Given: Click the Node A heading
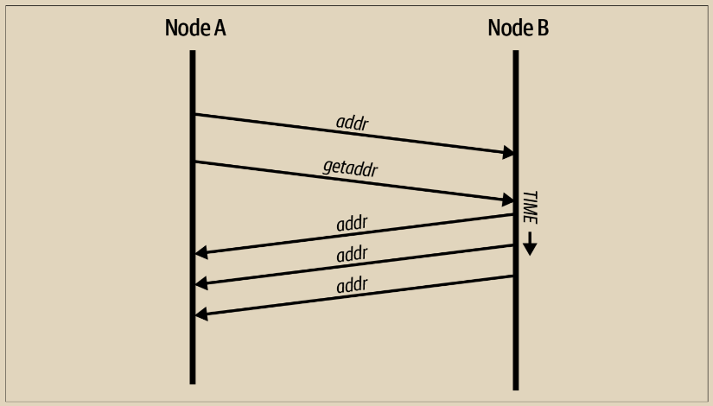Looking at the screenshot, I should pyautogui.click(x=195, y=28).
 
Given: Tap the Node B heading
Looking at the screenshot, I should pyautogui.click(x=518, y=28).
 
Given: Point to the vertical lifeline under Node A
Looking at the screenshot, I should pyautogui.click(x=193, y=346).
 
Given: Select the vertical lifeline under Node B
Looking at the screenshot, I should pyautogui.click(x=516, y=346).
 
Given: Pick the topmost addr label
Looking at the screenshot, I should pyautogui.click(x=352, y=123).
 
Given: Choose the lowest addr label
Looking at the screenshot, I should pyautogui.click(x=353, y=284).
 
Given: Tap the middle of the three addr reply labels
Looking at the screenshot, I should pyautogui.click(x=353, y=254).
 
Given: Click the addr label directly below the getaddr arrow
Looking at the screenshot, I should pyautogui.click(x=353, y=224).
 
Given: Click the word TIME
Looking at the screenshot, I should pyautogui.click(x=530, y=207).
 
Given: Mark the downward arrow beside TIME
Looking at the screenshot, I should pyautogui.click(x=530, y=244).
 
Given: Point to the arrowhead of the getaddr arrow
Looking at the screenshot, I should pyautogui.click(x=509, y=200).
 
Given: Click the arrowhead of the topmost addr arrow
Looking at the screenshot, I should pyautogui.click(x=509, y=153).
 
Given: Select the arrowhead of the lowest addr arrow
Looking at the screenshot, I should pyautogui.click(x=201, y=314).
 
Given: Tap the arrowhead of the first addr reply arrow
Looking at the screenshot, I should pyautogui.click(x=201, y=253).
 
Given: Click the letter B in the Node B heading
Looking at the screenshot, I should pyautogui.click(x=542, y=28).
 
